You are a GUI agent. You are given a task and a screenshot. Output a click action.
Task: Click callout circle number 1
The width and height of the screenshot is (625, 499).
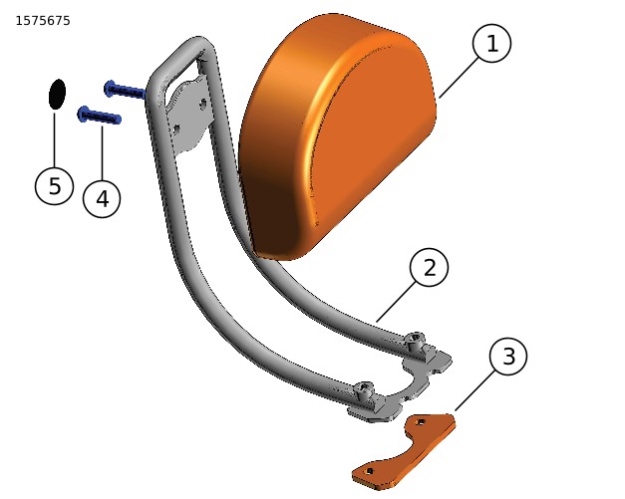pyautogui.click(x=491, y=44)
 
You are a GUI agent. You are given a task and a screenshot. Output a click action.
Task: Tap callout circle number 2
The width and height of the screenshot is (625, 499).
pyautogui.click(x=429, y=267)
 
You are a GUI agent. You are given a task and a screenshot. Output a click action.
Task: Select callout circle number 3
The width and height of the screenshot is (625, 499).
pyautogui.click(x=508, y=357)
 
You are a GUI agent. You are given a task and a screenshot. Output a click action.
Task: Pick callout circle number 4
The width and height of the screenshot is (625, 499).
pyautogui.click(x=102, y=199)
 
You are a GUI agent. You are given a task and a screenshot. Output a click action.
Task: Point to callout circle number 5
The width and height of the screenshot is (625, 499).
pyautogui.click(x=54, y=186)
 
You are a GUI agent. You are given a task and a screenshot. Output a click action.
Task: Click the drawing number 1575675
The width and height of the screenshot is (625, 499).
pyautogui.click(x=43, y=21)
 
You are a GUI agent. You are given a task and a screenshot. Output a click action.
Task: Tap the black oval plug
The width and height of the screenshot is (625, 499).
pyautogui.click(x=57, y=94)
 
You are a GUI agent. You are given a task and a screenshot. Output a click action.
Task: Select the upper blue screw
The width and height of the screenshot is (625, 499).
pyautogui.click(x=124, y=91)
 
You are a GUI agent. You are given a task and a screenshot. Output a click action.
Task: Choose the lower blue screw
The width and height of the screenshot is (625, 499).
pyautogui.click(x=99, y=117)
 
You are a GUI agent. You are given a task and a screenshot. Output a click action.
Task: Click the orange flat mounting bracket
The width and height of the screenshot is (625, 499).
pyautogui.click(x=404, y=453)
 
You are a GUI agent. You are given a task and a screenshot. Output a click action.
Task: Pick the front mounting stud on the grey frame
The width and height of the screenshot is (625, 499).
pyautogui.click(x=365, y=391)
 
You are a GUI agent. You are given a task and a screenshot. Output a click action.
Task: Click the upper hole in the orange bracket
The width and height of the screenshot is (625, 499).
pyautogui.click(x=422, y=422)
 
